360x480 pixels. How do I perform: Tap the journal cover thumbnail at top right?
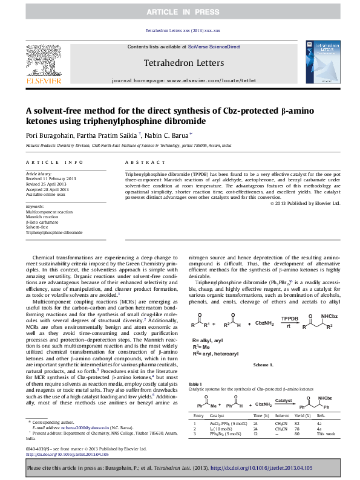coord(324,63)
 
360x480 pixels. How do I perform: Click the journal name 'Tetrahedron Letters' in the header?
coord(184,63)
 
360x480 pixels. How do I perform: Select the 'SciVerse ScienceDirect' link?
coord(214,47)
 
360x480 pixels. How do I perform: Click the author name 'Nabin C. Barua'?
coord(168,136)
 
